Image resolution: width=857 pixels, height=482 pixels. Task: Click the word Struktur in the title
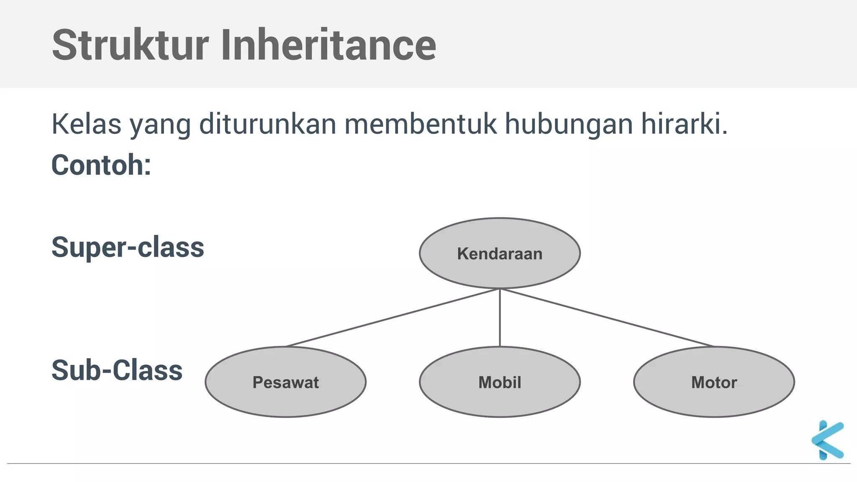[130, 45]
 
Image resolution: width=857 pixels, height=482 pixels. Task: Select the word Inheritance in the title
[328, 45]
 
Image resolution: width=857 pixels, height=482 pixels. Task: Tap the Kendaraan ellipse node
[500, 253]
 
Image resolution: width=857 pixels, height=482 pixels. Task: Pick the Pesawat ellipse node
[285, 382]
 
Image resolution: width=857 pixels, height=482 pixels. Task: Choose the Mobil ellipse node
[500, 382]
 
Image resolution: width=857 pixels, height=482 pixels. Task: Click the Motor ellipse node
[714, 382]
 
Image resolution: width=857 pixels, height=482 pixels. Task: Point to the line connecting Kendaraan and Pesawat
[393, 318]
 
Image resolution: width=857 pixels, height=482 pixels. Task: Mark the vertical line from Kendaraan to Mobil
[500, 318]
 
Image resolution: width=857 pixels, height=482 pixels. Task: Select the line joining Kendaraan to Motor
[607, 318]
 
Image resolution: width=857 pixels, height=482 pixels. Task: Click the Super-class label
[128, 247]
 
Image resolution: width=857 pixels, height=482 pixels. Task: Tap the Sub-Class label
[117, 370]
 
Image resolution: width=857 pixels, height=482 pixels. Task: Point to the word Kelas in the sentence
[86, 124]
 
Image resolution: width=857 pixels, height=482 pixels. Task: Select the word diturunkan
[267, 124]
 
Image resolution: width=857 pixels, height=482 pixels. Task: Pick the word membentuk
[421, 124]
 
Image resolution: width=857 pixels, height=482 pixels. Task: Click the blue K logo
[827, 440]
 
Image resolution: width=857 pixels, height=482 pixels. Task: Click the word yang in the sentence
[160, 125]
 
